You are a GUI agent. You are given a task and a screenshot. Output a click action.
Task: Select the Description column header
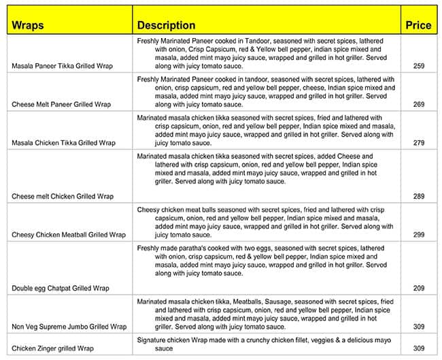166,26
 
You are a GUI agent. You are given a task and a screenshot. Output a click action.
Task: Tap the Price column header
418,26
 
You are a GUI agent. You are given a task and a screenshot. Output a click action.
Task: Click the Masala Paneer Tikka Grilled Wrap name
63,67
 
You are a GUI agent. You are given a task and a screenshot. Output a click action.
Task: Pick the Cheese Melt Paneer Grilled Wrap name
61,105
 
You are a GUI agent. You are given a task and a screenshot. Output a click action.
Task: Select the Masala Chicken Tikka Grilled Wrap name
64,144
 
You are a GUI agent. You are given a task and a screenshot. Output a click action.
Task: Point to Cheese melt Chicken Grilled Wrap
63,197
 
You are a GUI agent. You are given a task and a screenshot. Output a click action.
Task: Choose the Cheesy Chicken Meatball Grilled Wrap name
69,235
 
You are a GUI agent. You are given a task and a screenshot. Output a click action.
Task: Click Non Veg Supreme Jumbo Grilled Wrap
69,327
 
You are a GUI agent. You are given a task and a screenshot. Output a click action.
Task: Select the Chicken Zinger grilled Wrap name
53,348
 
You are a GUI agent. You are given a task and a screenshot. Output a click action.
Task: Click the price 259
418,67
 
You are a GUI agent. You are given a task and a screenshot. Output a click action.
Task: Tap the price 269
418,105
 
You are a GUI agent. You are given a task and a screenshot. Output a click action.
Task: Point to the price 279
418,144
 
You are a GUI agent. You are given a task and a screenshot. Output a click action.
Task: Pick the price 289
418,197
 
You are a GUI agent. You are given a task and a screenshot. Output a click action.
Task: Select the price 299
418,235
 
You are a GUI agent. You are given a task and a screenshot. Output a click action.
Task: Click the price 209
418,289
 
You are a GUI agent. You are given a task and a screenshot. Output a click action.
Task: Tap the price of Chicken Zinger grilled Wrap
418,348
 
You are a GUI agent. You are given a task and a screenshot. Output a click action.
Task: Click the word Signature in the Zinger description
152,340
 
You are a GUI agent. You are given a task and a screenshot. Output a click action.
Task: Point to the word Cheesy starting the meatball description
148,210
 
